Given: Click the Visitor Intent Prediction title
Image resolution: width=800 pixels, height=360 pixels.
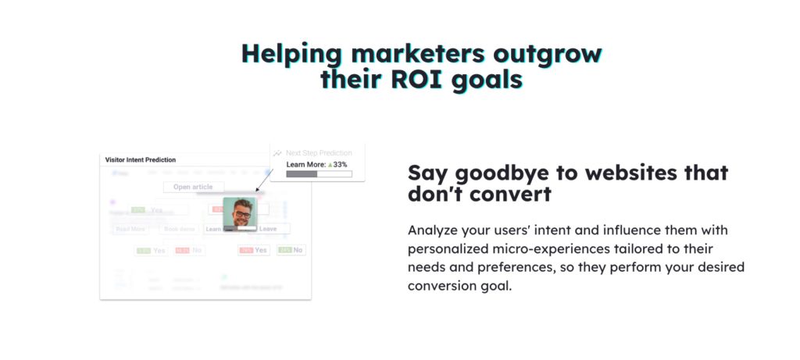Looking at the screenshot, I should tap(141, 159).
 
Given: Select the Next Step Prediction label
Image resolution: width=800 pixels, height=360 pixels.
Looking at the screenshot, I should tap(319, 153).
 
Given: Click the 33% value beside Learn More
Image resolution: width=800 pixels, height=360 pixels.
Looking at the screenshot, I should tap(337, 165).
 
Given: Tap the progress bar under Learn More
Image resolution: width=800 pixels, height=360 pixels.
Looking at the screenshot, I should tap(319, 174).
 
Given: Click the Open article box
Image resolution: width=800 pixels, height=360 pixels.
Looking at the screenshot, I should tap(193, 187).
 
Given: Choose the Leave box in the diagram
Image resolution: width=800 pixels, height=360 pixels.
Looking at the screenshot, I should tap(270, 229).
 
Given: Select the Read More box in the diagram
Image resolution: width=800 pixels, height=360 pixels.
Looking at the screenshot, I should tap(130, 229).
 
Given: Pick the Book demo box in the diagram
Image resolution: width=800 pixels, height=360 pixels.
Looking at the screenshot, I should tap(178, 229).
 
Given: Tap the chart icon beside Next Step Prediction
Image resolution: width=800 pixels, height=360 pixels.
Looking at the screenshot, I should tap(277, 153).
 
